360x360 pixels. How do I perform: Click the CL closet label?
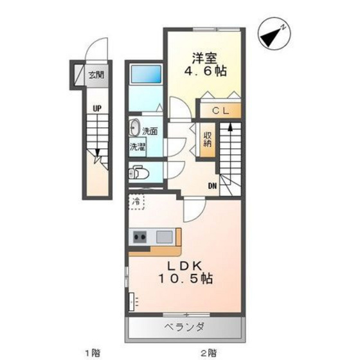[x=219, y=109]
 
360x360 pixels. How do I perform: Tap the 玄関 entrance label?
[x=95, y=74]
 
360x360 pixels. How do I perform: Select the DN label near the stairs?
[x=212, y=186]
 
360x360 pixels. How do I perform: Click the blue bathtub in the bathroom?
[x=145, y=74]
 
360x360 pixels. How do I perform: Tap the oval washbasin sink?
[x=135, y=127]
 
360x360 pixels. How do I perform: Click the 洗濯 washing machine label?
[x=138, y=147]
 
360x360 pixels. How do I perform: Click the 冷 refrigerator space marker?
[x=136, y=202]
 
